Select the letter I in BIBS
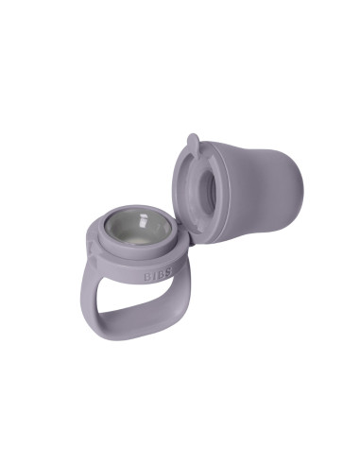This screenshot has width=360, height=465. tap(152, 279)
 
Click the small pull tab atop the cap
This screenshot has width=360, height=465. tap(193, 143)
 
